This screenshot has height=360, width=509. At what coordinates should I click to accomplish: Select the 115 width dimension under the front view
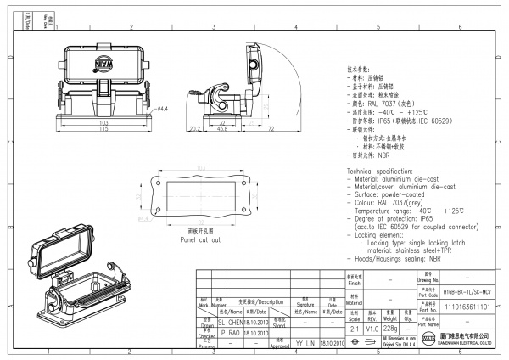(x=104, y=129)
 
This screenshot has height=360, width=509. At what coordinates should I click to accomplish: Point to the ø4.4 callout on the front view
(x=162, y=109)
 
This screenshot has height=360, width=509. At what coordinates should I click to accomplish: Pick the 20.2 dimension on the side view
(x=193, y=129)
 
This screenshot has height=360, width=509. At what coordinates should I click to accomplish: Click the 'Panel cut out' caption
(x=200, y=240)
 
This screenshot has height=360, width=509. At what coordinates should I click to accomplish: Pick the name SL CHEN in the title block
(x=231, y=323)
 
